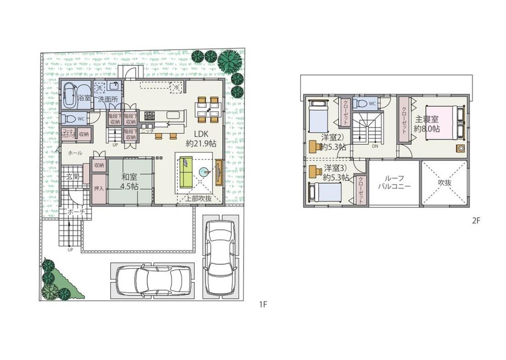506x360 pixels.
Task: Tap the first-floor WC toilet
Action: click(x=70, y=119)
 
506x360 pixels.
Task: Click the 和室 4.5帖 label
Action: click(x=130, y=182)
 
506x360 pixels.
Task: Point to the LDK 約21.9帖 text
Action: click(x=201, y=139)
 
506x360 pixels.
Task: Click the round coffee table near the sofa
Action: click(x=204, y=173)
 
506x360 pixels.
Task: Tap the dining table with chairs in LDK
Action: click(x=209, y=107)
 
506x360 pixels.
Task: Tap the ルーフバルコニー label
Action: click(x=394, y=182)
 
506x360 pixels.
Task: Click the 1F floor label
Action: click(x=262, y=304)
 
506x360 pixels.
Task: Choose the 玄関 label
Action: click(x=72, y=177)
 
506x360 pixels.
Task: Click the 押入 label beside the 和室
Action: click(x=99, y=188)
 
